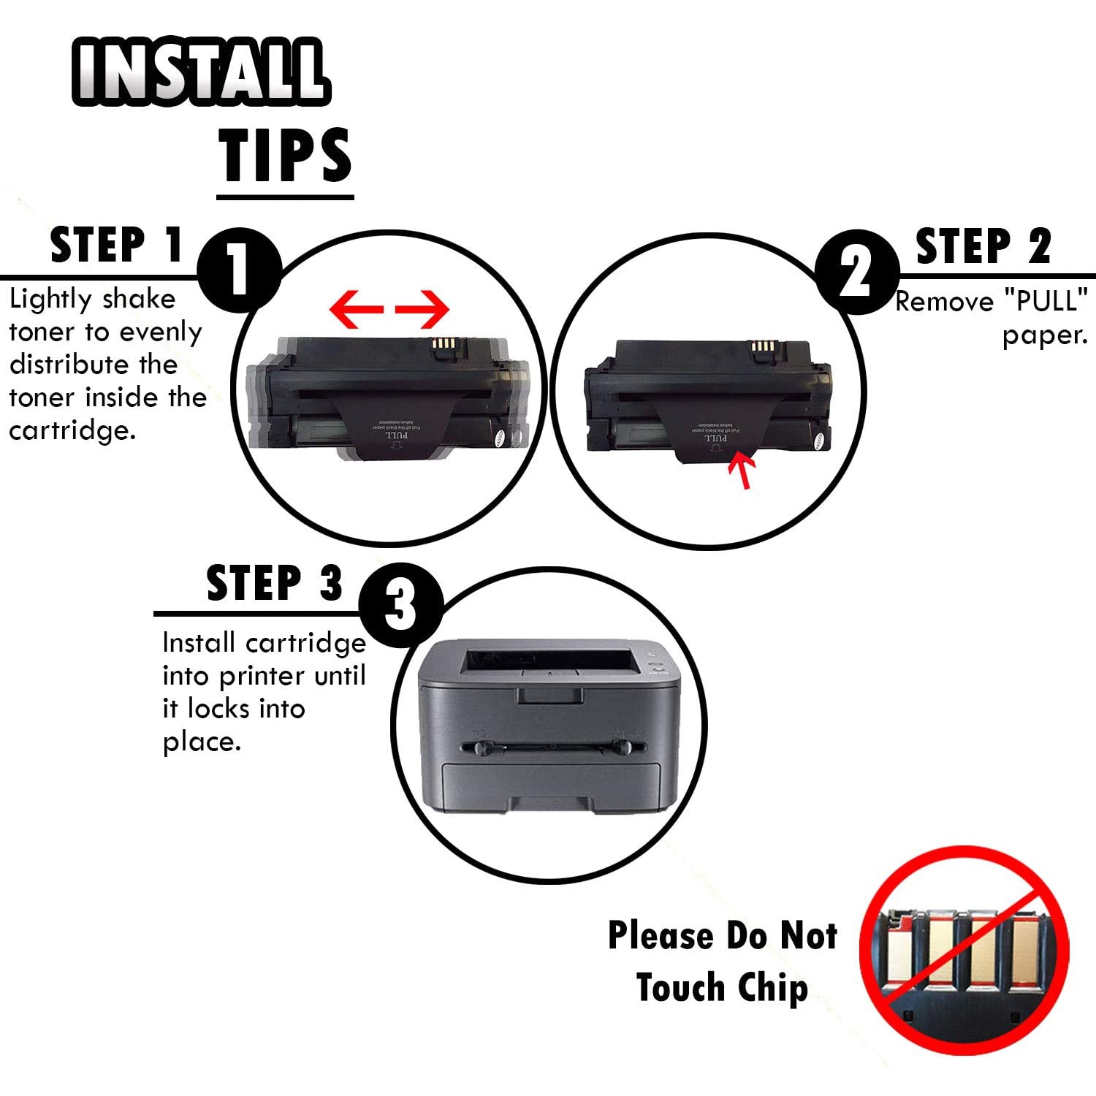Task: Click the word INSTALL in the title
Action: coord(201,71)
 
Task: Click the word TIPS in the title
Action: coord(285,155)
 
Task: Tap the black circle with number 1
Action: coord(239,270)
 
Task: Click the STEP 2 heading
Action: coord(983,246)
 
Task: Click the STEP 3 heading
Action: coord(274,583)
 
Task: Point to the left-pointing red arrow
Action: coord(356,309)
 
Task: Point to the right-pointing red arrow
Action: coord(423,309)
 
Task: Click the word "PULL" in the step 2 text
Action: coord(1046,301)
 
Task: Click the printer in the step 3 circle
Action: coord(548,727)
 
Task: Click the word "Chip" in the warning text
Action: coord(773,988)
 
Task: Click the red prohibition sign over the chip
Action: coord(964,950)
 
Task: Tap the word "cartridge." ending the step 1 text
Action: coord(72,430)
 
